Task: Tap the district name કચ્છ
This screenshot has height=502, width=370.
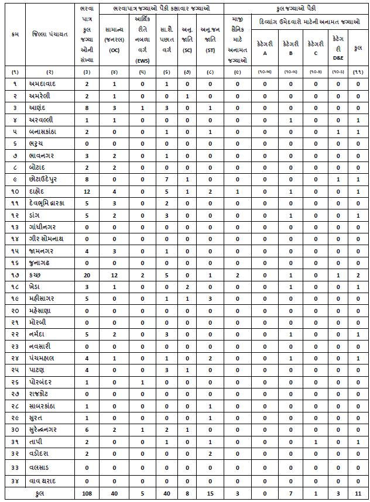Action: click(x=36, y=275)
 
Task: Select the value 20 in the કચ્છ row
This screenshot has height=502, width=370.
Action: click(x=87, y=275)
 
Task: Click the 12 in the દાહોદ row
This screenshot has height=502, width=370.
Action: click(x=87, y=191)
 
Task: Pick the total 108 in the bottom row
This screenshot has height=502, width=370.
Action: click(x=87, y=494)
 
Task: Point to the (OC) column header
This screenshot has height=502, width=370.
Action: click(x=114, y=50)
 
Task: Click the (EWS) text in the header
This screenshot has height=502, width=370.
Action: click(x=142, y=60)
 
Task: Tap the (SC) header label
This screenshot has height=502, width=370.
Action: click(x=187, y=50)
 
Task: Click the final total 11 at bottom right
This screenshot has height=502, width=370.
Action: click(x=358, y=494)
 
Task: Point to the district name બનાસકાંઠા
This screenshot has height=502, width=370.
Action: click(x=46, y=132)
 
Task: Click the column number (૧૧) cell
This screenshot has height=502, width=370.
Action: click(x=358, y=72)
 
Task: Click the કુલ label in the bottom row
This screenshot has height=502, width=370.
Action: click(x=41, y=494)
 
